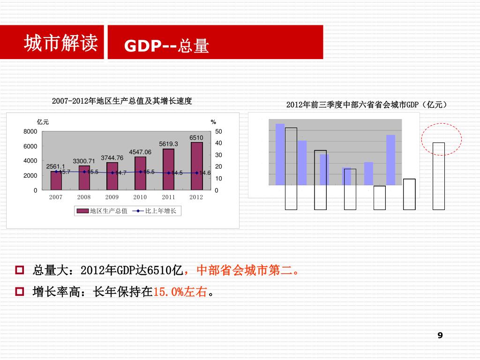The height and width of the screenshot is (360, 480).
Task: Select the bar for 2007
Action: (56, 180)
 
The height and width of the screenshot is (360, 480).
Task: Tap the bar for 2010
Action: (140, 173)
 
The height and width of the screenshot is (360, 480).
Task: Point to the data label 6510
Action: (196, 137)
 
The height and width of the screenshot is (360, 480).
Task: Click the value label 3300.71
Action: (84, 161)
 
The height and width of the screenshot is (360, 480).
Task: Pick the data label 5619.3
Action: (168, 144)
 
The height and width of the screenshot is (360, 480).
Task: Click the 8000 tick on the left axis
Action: (30, 131)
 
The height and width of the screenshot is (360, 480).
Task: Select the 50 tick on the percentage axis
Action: (218, 131)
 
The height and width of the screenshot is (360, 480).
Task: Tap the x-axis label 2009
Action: (112, 197)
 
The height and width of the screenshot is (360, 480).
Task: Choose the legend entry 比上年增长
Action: (157, 211)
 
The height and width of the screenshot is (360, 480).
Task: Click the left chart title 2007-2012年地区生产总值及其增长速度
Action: (122, 101)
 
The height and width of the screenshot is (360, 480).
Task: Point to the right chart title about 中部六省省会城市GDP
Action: (366, 105)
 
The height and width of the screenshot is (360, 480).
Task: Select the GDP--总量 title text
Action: (166, 46)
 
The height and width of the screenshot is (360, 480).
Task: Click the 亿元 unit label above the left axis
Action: (43, 122)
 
